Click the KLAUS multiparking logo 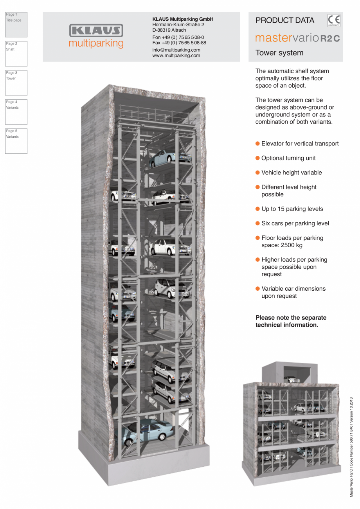[x=96, y=36]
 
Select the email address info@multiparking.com [x=176, y=50]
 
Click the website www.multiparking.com [x=176, y=56]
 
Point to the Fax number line [x=179, y=43]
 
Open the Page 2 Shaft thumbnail [x=16, y=54]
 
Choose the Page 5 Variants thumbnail [x=16, y=141]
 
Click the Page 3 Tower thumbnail [x=16, y=83]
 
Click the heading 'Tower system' [x=279, y=53]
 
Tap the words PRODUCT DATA [x=284, y=20]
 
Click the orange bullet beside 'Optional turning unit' [x=257, y=158]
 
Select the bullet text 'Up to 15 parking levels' [x=292, y=209]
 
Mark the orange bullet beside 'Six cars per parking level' [x=257, y=223]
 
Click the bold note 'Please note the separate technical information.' [x=291, y=321]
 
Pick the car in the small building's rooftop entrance [x=290, y=379]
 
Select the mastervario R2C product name [x=297, y=38]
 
